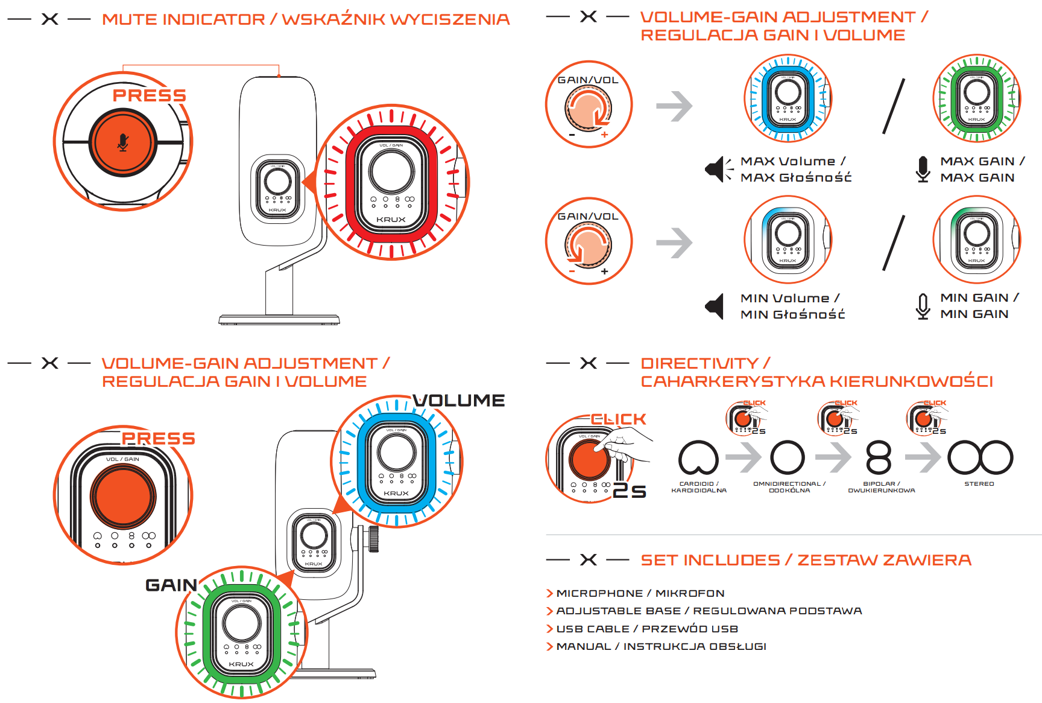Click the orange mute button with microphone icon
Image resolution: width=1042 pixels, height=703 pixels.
pyautogui.click(x=123, y=142)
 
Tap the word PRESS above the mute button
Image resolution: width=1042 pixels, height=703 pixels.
pyautogui.click(x=149, y=95)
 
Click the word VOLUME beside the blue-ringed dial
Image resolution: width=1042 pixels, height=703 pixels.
pyautogui.click(x=459, y=401)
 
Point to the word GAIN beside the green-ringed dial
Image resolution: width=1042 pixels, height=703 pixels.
pyautogui.click(x=171, y=585)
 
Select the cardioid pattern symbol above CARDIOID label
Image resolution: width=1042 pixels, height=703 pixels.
pyautogui.click(x=698, y=458)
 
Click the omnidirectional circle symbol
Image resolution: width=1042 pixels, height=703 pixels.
pyautogui.click(x=788, y=457)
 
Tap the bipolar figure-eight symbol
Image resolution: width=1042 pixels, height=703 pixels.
pyautogui.click(x=879, y=457)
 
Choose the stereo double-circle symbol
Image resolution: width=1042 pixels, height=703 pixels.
pyautogui.click(x=980, y=457)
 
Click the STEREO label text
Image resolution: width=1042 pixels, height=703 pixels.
pyautogui.click(x=979, y=484)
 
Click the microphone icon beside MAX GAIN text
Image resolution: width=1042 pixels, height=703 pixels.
pyautogui.click(x=923, y=169)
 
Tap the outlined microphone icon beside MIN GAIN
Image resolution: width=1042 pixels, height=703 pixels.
pyautogui.click(x=923, y=306)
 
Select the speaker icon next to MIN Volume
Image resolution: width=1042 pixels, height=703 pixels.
pyautogui.click(x=715, y=306)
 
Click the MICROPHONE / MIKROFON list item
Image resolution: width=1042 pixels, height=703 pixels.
pyautogui.click(x=640, y=593)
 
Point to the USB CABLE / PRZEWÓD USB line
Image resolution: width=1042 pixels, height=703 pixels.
pyautogui.click(x=646, y=629)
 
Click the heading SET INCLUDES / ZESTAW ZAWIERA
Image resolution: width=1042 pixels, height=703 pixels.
pyautogui.click(x=806, y=560)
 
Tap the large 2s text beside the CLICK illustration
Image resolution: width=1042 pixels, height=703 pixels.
pyautogui.click(x=630, y=491)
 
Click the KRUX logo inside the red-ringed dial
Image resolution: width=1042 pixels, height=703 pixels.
pyautogui.click(x=391, y=220)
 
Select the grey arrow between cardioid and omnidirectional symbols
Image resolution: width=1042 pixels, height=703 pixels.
pyautogui.click(x=744, y=457)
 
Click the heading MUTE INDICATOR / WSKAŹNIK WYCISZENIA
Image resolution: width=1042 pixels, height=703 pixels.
pyautogui.click(x=306, y=19)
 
